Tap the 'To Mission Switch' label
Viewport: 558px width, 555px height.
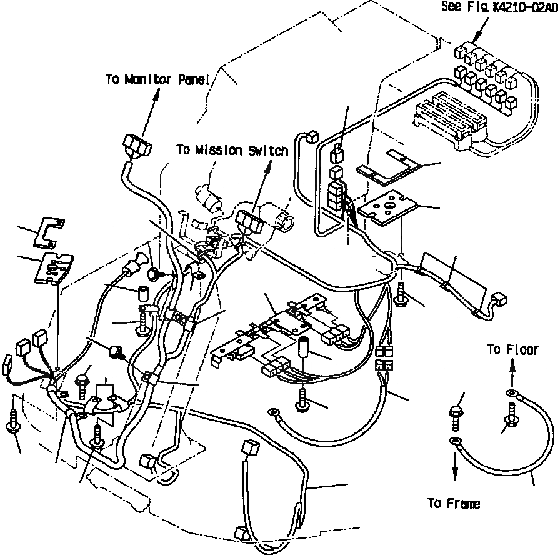[x=232, y=151]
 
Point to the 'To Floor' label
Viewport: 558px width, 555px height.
[x=512, y=350]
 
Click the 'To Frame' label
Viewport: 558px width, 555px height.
[x=454, y=504]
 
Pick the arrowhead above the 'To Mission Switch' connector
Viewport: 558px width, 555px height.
[x=269, y=164]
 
